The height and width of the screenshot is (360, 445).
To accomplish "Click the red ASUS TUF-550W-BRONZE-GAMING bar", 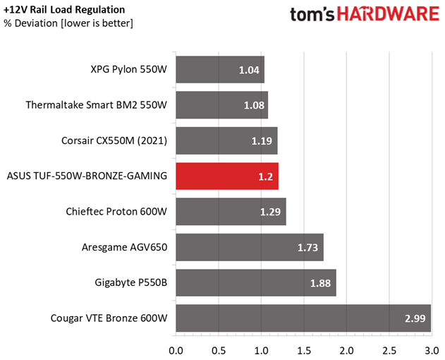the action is (x=227, y=176).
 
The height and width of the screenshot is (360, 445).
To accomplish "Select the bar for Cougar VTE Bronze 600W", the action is (x=303, y=318).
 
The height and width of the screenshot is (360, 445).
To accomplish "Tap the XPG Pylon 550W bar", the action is (x=220, y=70).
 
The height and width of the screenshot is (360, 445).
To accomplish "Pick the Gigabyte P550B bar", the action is (x=256, y=283).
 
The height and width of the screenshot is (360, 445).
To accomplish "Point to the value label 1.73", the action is (x=307, y=248).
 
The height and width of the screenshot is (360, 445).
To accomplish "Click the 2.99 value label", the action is (x=415, y=318).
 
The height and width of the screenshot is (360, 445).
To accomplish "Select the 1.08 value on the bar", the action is (x=255, y=105).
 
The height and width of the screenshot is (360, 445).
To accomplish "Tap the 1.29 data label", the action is (x=271, y=212).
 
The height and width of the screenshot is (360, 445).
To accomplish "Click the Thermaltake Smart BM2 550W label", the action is (x=97, y=105).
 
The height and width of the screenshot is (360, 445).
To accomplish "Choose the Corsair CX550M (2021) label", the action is (x=114, y=140).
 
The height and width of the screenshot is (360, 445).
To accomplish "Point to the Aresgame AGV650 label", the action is (x=124, y=247).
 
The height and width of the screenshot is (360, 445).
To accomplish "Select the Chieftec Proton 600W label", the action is (x=116, y=212).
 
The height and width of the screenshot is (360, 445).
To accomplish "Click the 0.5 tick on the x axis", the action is (x=219, y=351).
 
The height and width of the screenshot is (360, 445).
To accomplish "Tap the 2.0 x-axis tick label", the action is (x=346, y=351).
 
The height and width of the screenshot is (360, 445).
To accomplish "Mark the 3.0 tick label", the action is (x=432, y=351).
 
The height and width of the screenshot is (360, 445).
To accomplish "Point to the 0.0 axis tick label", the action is (x=176, y=351).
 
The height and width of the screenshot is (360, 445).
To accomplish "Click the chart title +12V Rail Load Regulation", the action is (x=64, y=10).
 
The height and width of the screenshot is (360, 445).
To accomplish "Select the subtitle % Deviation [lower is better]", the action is (x=68, y=23).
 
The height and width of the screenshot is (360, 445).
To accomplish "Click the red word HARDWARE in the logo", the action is (x=388, y=14).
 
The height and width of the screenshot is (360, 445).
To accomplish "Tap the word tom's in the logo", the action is (x=312, y=15).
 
